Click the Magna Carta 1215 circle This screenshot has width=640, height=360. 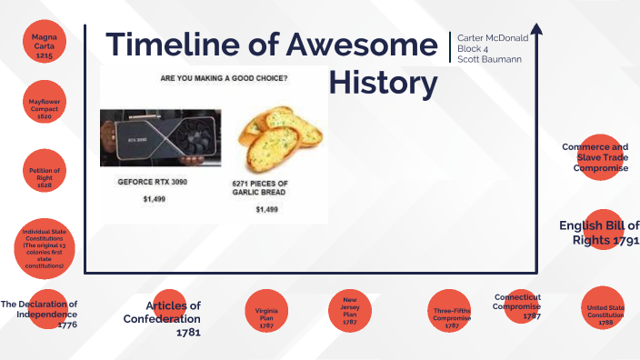45,45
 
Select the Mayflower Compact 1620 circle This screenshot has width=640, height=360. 45,108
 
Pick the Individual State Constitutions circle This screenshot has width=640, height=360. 45,248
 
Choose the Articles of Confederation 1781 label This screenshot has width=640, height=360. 164,318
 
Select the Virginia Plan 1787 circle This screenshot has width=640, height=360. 266,315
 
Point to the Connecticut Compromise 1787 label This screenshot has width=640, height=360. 518,306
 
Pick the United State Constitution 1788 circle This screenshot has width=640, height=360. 605,314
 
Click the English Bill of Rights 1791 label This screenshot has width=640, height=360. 599,233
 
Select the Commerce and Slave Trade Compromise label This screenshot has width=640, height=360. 595,156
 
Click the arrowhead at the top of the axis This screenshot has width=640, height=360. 536,30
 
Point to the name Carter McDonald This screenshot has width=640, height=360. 492,38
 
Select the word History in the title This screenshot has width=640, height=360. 383,83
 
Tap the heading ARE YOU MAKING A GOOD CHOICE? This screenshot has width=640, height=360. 225,77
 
